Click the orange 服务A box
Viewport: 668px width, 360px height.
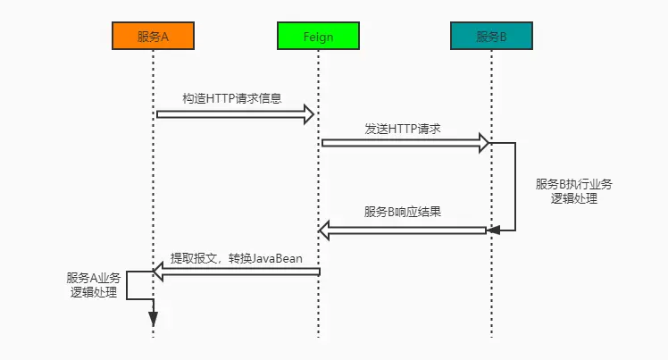153,36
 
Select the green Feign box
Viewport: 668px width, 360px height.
319,36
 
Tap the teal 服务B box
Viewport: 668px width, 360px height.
491,36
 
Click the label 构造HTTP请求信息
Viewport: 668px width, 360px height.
232,98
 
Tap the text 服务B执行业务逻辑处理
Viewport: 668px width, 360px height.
574,191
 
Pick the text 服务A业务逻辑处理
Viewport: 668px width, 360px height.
93,284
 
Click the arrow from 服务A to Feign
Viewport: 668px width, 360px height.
232,113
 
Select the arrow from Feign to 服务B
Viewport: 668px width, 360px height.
402,142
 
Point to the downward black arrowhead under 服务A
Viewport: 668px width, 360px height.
153,316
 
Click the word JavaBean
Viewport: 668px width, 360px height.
276,258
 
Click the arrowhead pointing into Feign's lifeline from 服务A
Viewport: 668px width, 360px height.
310,113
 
